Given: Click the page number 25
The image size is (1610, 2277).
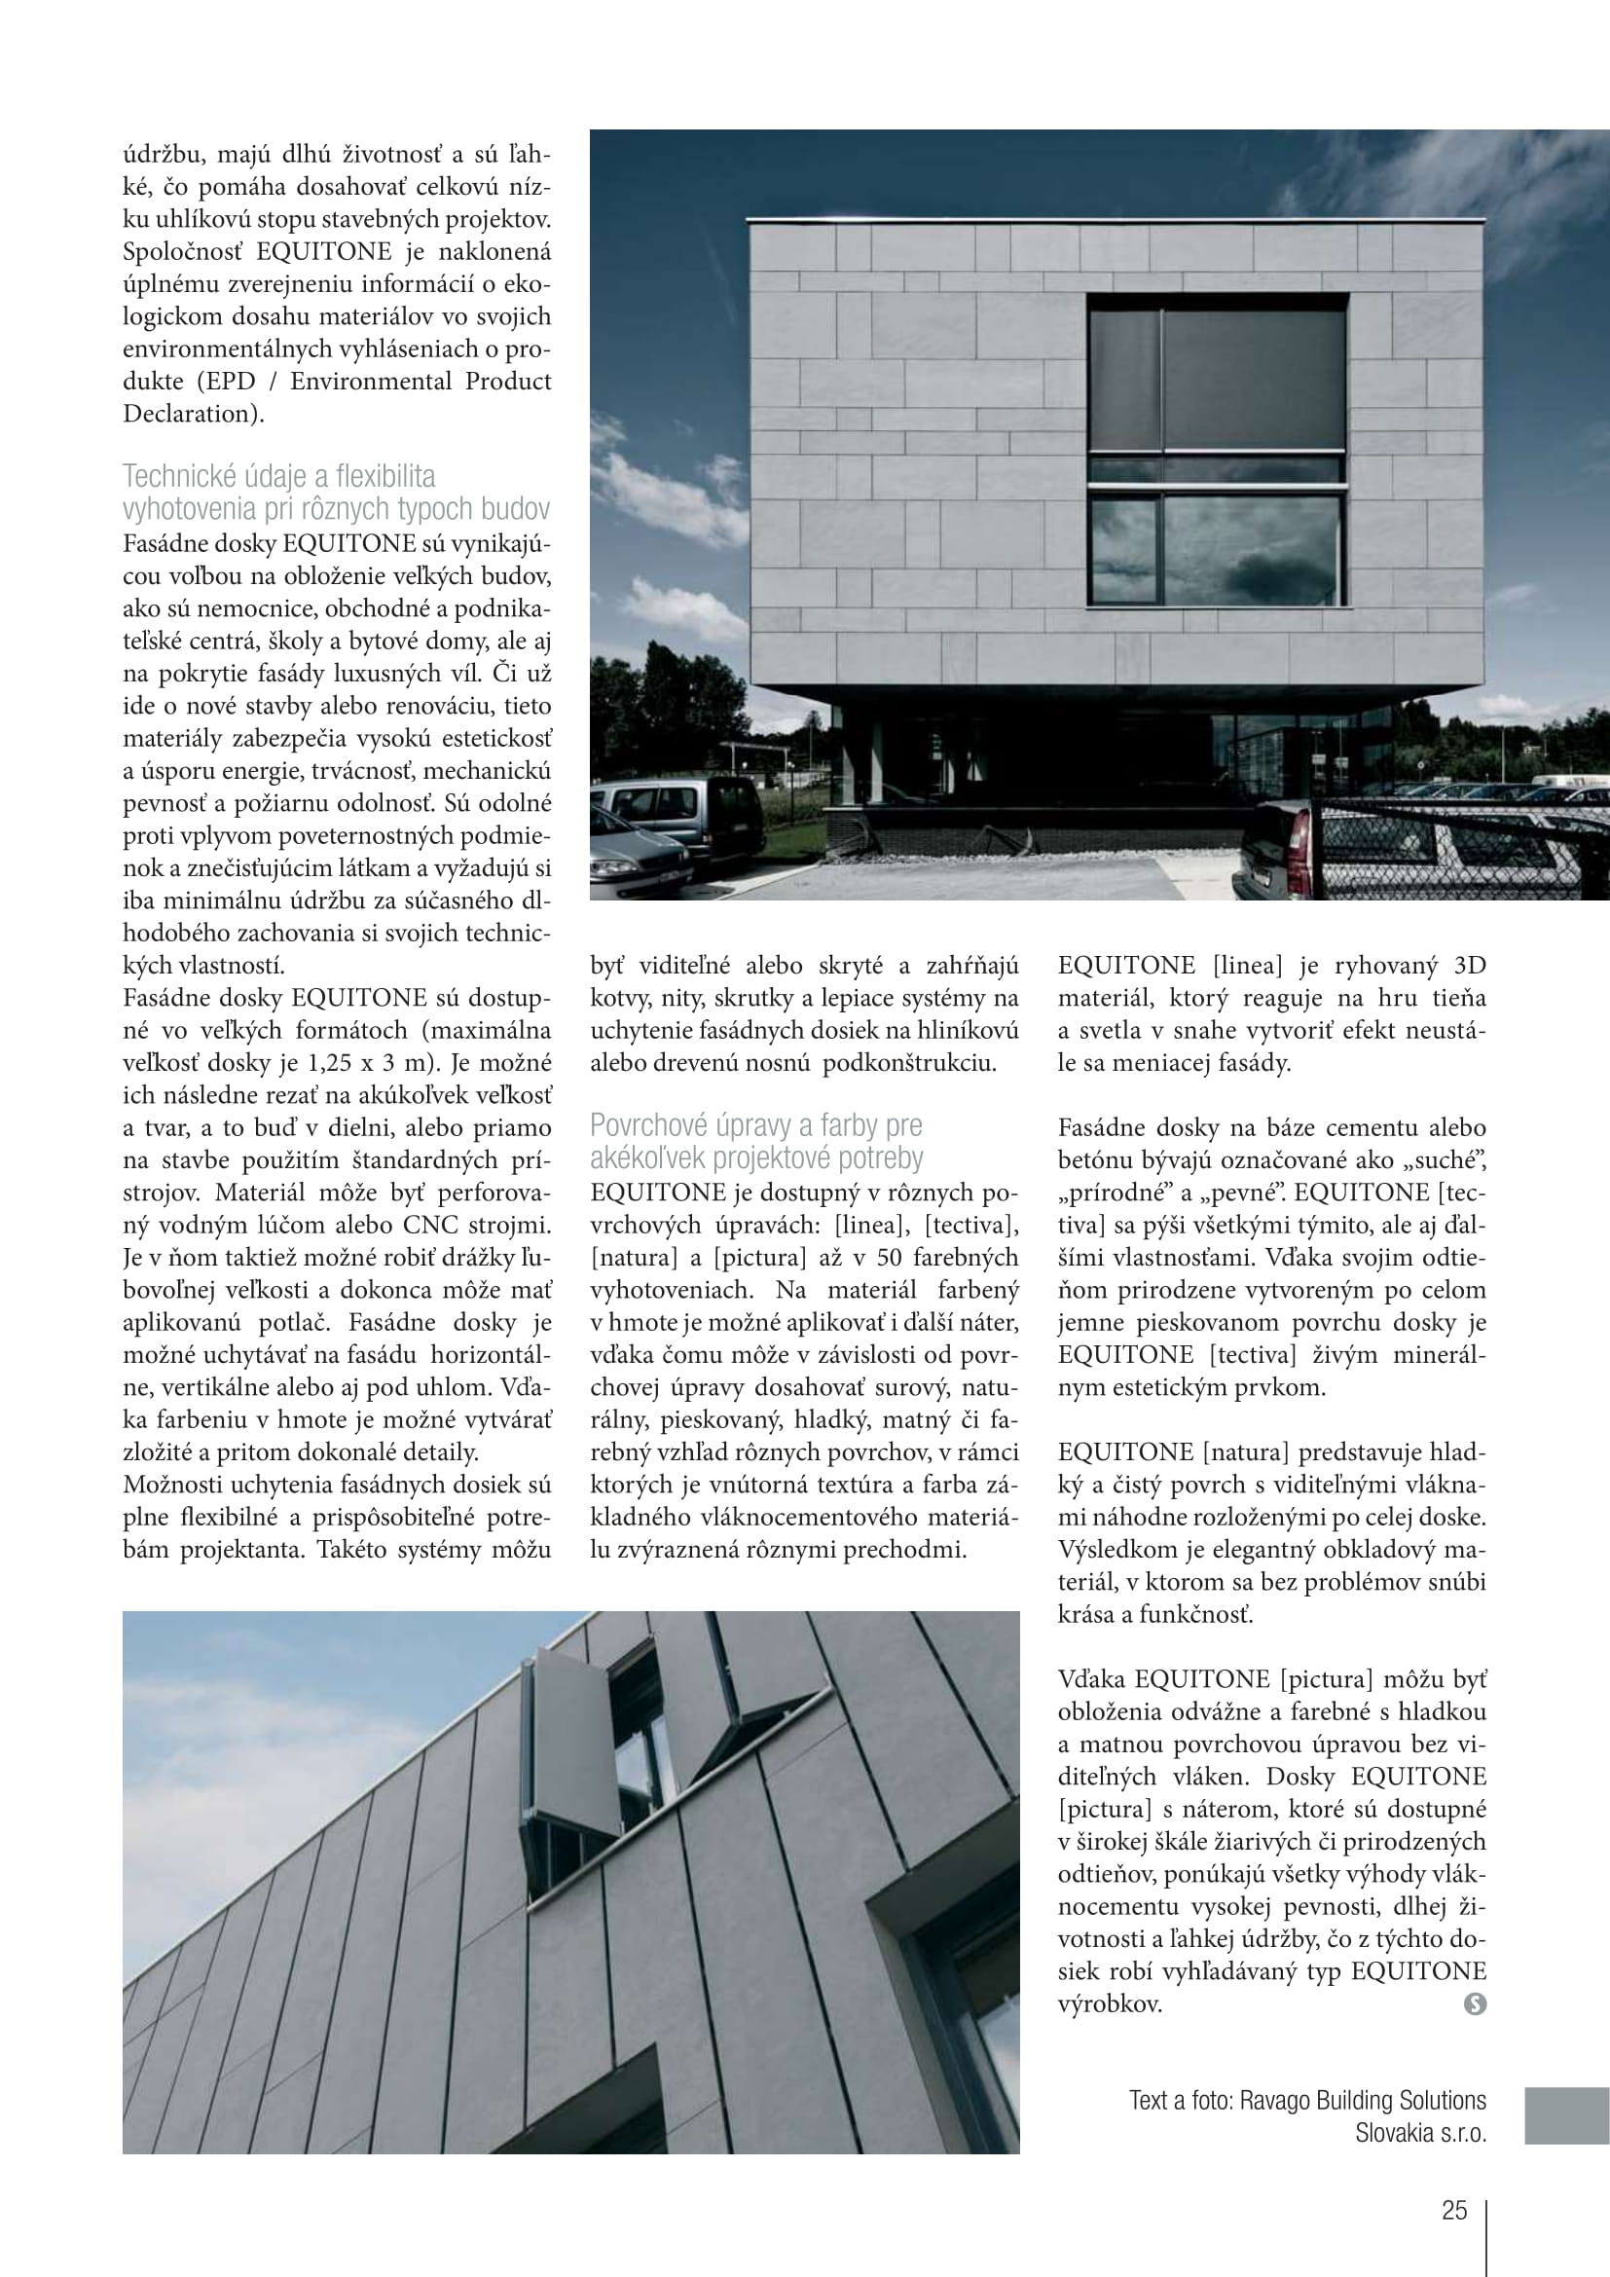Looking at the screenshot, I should tap(1453, 2210).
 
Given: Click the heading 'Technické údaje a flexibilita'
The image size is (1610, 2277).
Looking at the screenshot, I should tap(278, 476).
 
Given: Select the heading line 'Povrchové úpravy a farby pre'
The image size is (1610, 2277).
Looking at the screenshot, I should tap(755, 1124).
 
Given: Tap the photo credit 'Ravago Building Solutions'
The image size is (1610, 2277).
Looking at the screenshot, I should tap(1363, 2100).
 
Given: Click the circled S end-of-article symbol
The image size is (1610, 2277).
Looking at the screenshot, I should tap(1474, 2004).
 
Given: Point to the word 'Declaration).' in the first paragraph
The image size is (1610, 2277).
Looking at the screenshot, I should tap(194, 414).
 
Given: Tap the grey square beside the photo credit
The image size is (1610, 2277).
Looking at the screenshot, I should tap(1566, 2115).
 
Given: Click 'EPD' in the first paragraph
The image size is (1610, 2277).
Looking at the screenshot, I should tap(230, 381).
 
